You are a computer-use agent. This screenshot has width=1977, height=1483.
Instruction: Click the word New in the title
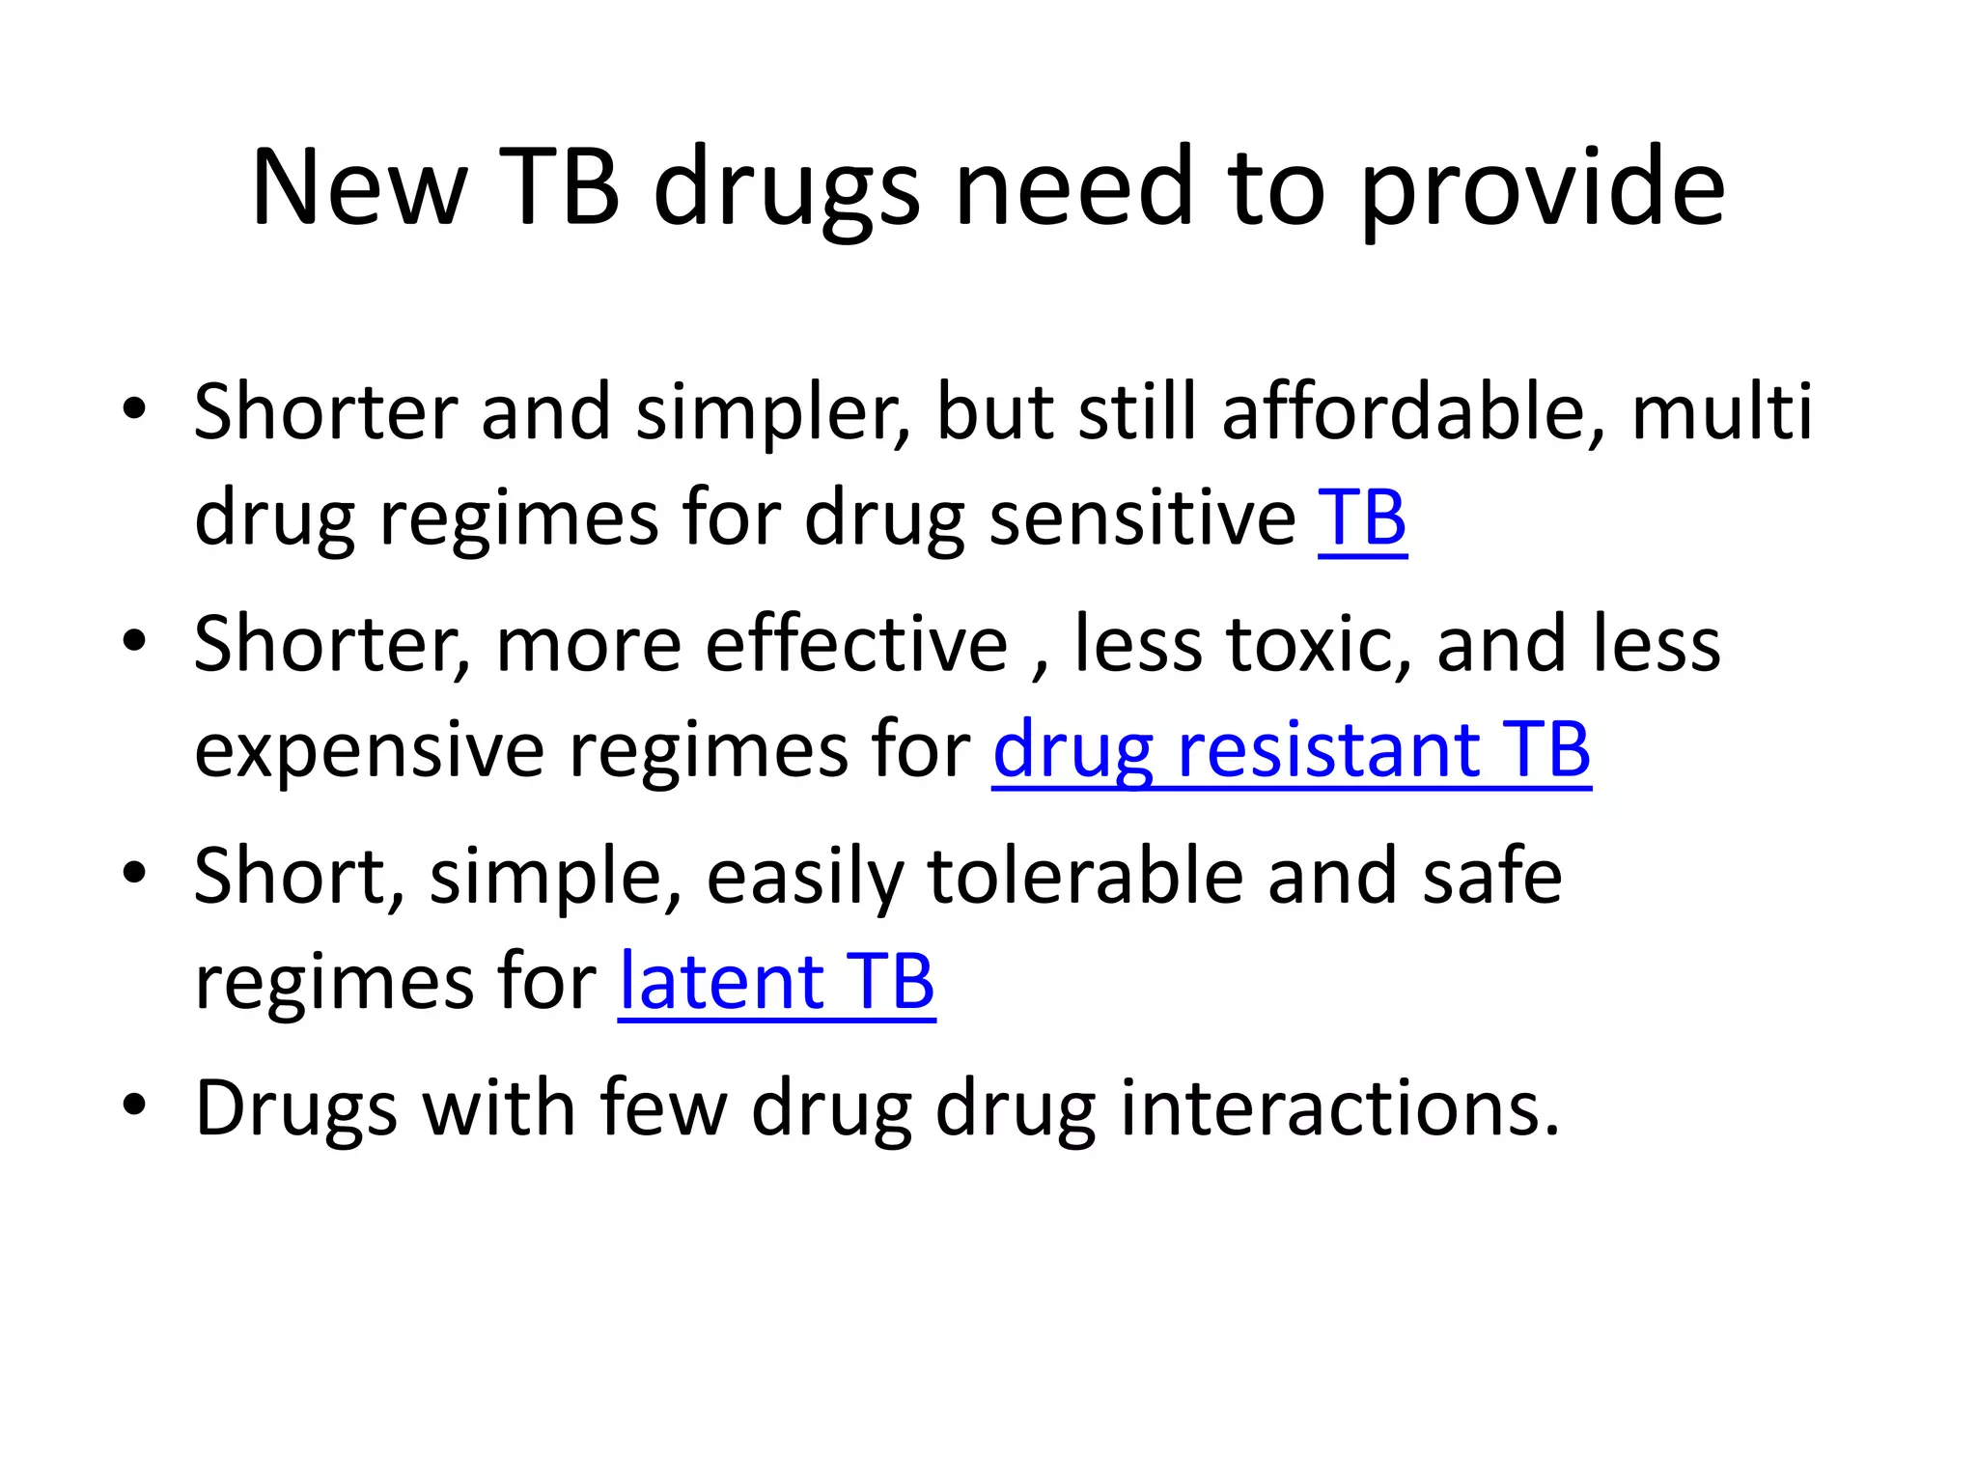[x=359, y=187]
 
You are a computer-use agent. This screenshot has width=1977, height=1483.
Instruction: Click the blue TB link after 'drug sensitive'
[x=1362, y=518]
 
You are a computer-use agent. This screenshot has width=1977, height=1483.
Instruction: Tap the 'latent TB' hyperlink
[x=776, y=981]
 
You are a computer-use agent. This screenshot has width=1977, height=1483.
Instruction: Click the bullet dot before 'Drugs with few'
[x=134, y=1103]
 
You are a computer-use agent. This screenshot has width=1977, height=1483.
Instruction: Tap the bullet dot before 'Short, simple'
[x=134, y=871]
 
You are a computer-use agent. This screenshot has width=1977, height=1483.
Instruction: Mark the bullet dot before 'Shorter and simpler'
[x=134, y=407]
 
